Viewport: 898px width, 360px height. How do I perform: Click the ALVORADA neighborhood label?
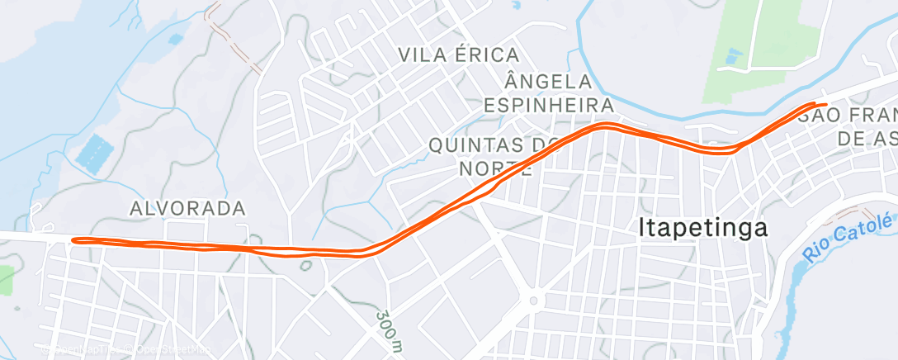tap(187, 208)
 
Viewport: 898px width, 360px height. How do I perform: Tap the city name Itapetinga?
tap(703, 228)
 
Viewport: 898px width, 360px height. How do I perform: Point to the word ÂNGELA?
tap(548, 82)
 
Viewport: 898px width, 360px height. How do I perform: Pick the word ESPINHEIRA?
tap(548, 106)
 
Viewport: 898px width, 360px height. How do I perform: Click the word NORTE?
tap(493, 168)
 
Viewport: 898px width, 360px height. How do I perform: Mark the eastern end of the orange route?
tap(824, 104)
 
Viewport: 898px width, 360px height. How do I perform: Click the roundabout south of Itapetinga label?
tap(534, 301)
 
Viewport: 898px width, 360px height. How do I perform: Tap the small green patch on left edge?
tap(6, 280)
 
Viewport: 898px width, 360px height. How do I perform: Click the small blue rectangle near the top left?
tap(175, 38)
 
